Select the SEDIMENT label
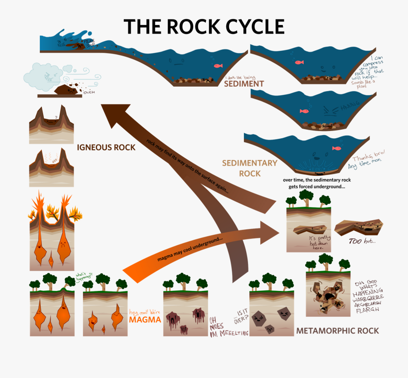pyautogui.click(x=244, y=84)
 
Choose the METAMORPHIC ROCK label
pyautogui.click(x=337, y=330)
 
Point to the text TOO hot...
pyautogui.click(x=361, y=241)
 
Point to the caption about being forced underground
pyautogui.click(x=317, y=183)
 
